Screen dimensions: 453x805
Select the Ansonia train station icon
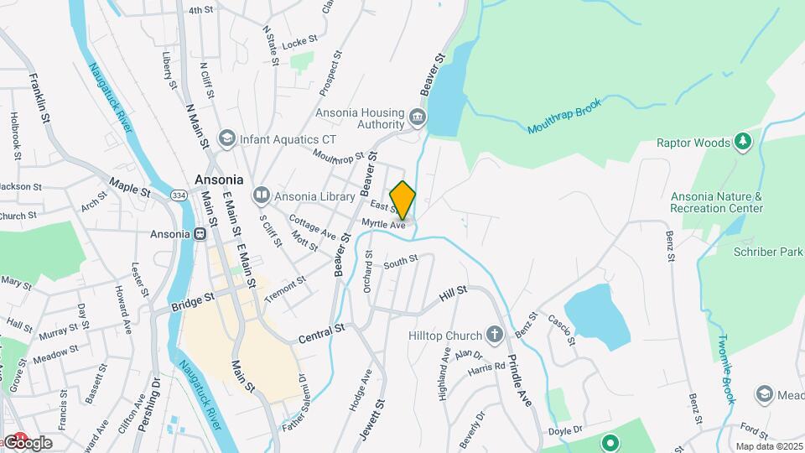200,234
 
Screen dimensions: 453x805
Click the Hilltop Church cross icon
495,336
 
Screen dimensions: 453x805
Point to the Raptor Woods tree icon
742,143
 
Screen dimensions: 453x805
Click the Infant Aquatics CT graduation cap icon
226,138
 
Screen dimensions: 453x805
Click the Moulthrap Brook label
566,120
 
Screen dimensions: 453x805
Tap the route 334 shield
177,195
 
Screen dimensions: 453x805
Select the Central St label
322,331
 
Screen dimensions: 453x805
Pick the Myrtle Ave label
384,224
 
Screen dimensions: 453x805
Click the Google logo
27,442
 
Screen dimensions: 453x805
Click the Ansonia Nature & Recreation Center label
716,202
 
